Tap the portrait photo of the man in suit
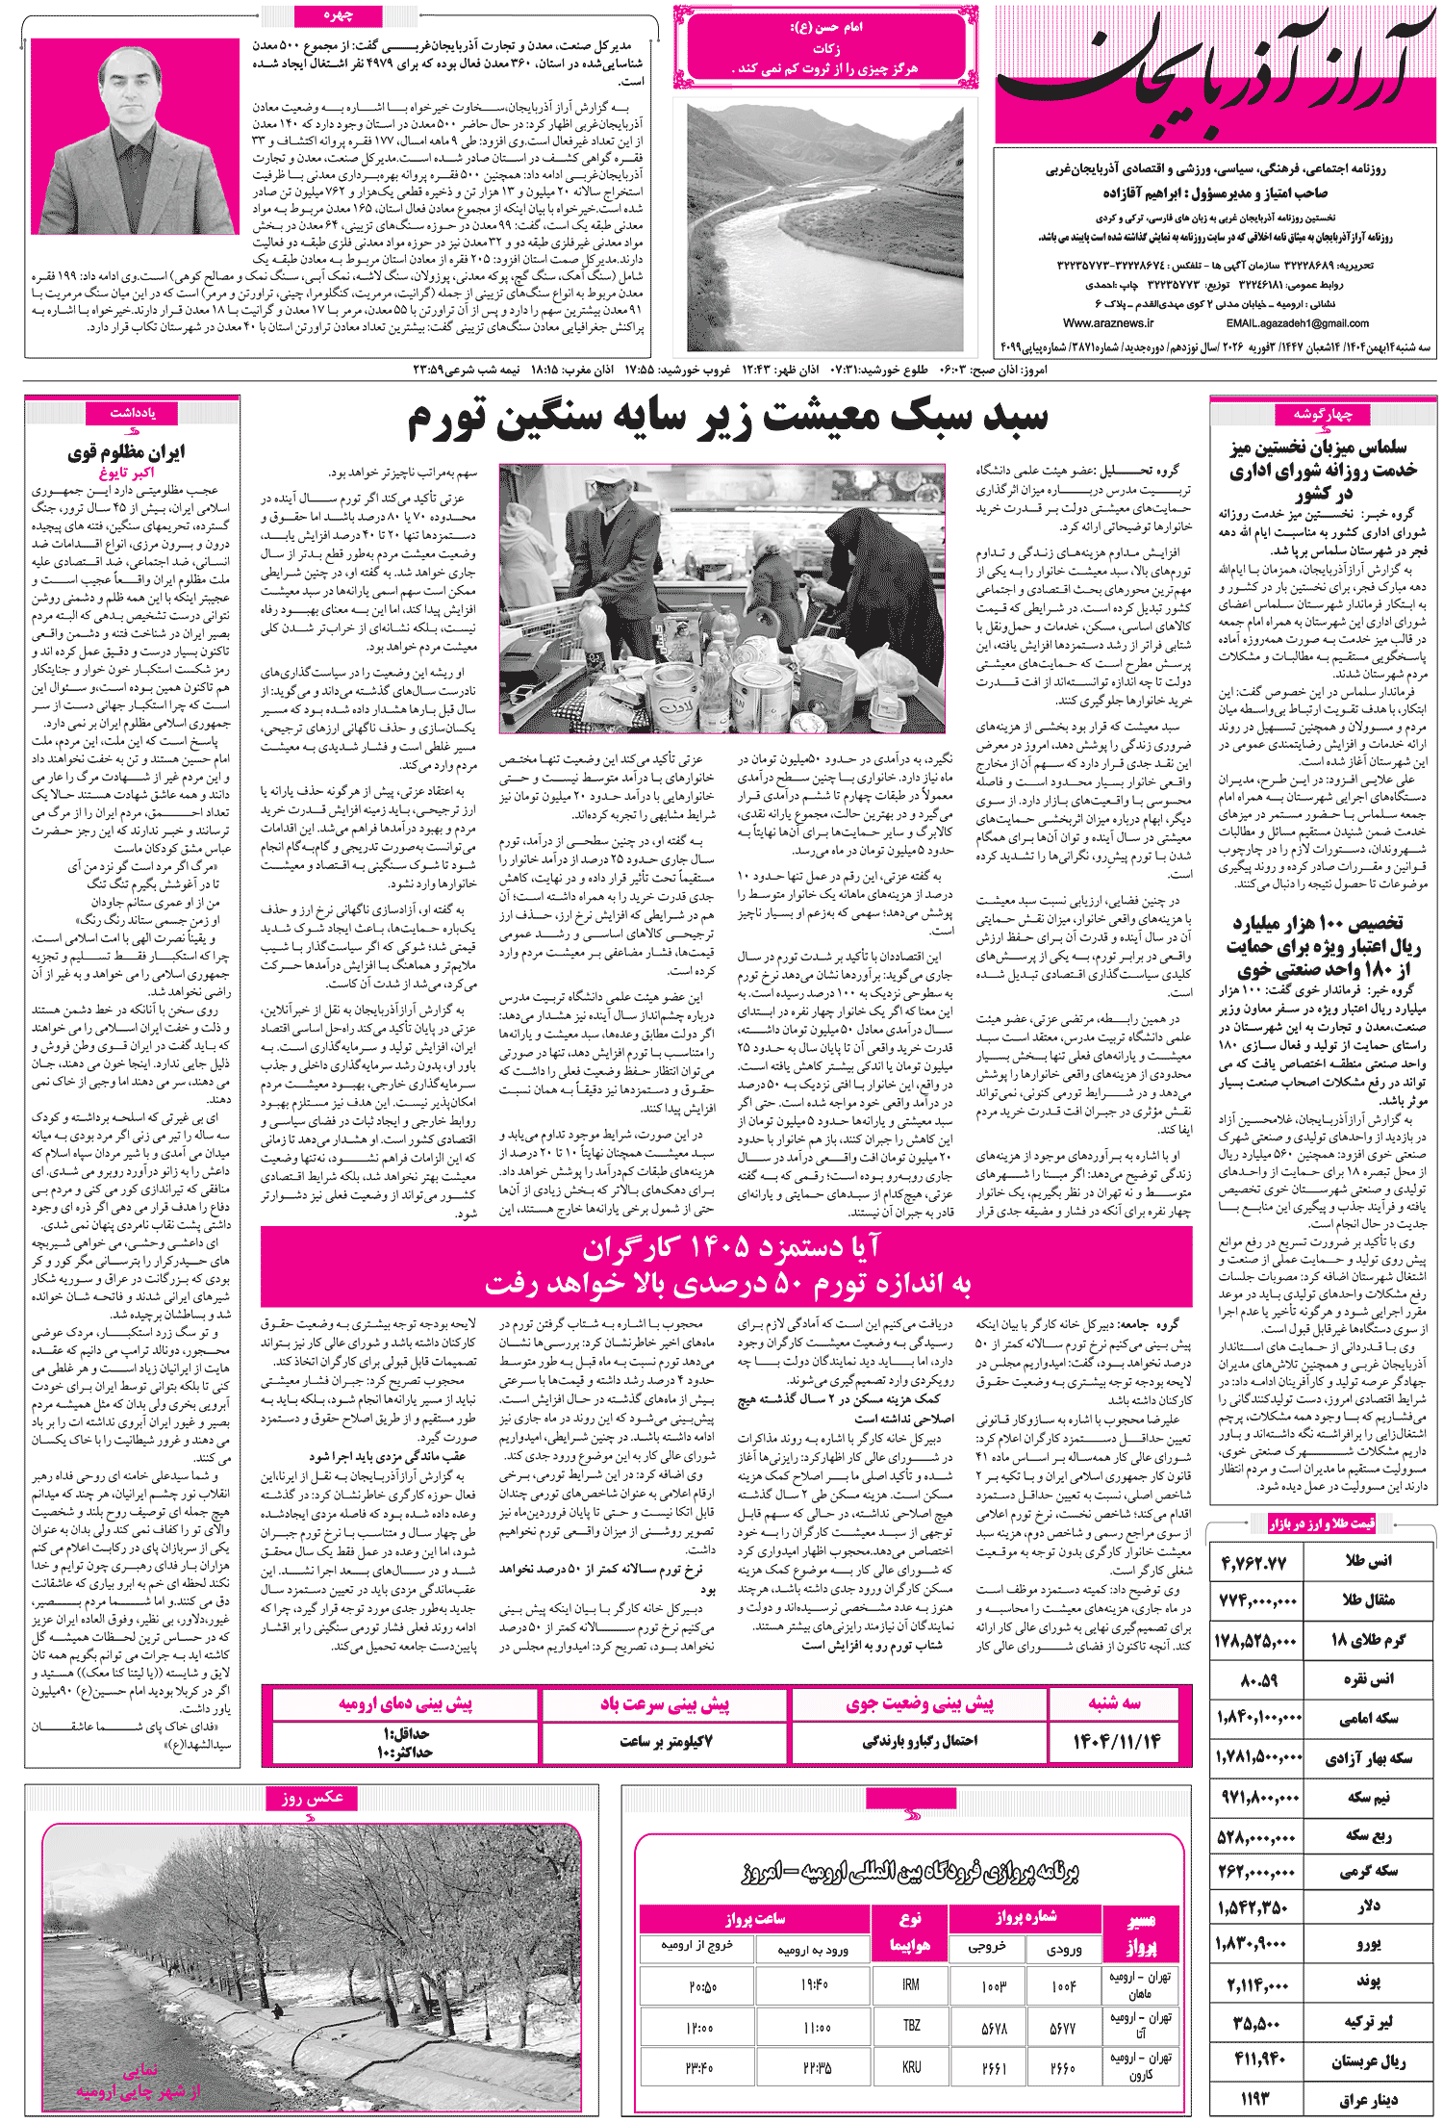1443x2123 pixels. (135, 137)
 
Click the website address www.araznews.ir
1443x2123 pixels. (1108, 323)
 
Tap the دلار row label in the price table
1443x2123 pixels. (1369, 1906)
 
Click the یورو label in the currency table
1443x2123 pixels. (1368, 1944)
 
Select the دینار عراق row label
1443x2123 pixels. (1367, 2099)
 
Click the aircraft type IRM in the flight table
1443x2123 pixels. (910, 1984)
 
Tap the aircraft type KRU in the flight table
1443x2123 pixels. (910, 2066)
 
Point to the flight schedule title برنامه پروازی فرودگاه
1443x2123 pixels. (910, 1871)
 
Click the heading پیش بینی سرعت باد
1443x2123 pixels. (665, 1704)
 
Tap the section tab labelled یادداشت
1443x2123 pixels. (133, 413)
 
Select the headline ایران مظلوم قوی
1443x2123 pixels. (126, 451)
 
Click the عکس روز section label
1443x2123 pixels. (312, 1797)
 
